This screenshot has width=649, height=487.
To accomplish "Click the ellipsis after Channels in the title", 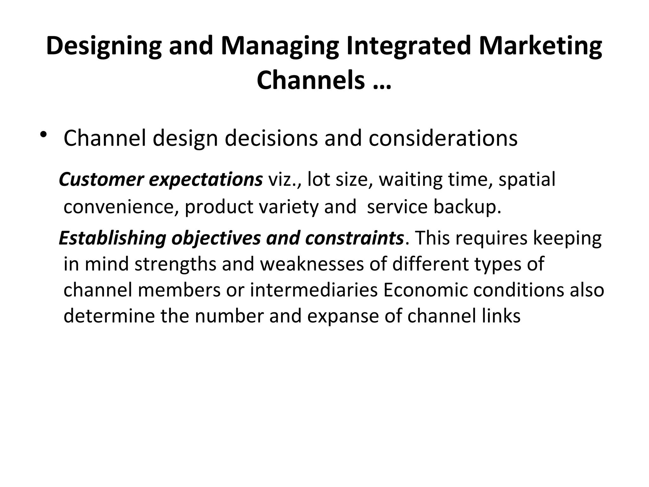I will click(x=380, y=81).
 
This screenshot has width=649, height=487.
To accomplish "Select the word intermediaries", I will click(x=314, y=290).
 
